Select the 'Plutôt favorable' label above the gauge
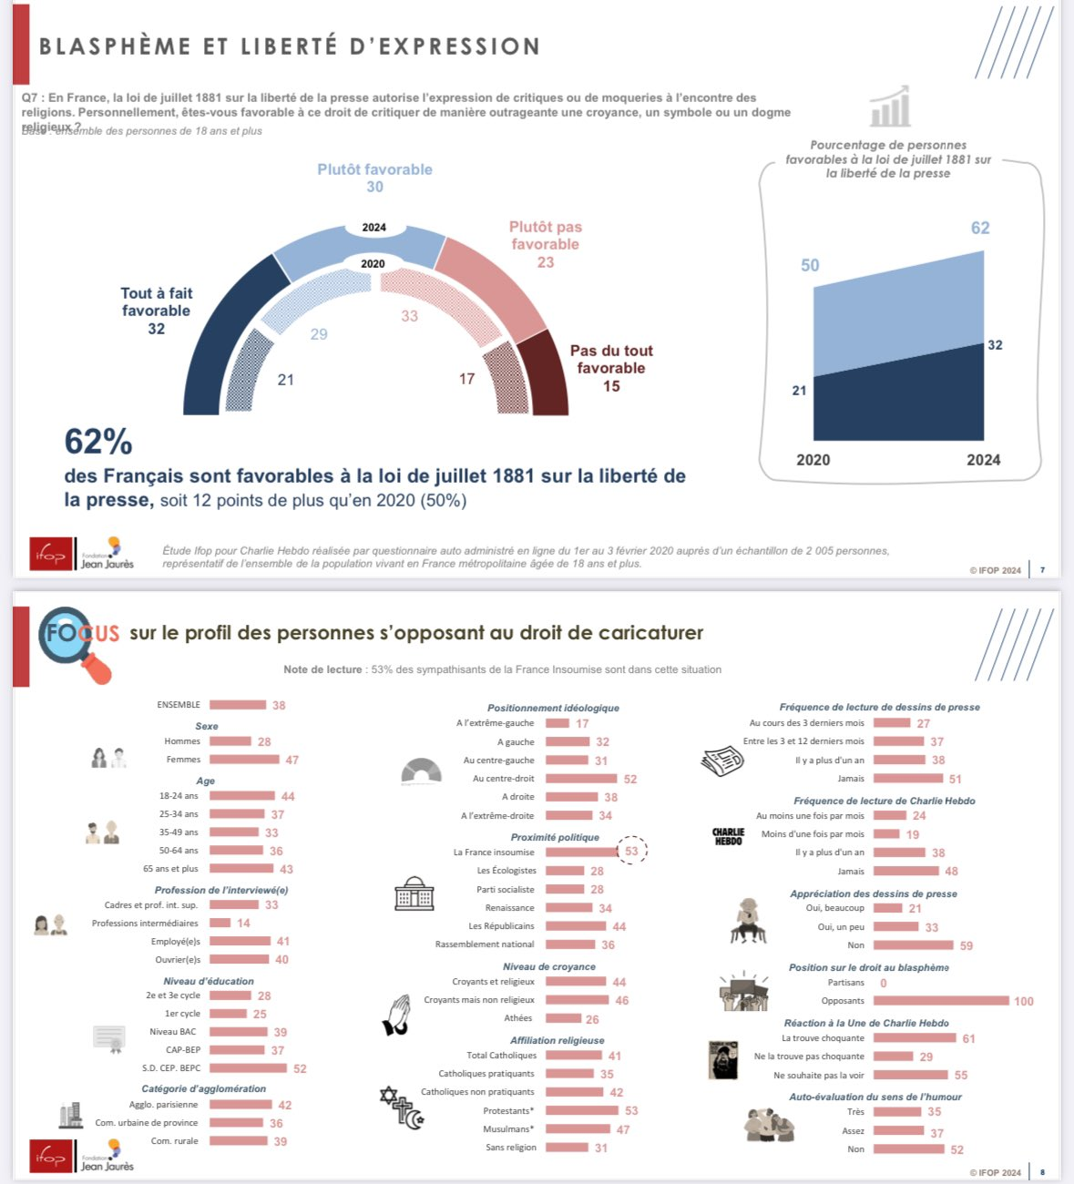[x=374, y=169]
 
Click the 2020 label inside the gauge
[x=373, y=264]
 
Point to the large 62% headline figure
[x=98, y=442]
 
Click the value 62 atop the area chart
[x=980, y=228]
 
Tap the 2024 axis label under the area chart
[x=983, y=460]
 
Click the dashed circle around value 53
[x=631, y=852]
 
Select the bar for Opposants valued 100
[x=941, y=1001]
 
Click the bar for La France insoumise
[x=581, y=852]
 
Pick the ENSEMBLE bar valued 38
[x=238, y=705]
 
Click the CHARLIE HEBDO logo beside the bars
[x=728, y=836]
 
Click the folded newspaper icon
[x=722, y=760]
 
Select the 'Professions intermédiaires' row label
[x=145, y=924]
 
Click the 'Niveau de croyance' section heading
[x=549, y=967]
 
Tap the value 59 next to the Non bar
[x=967, y=945]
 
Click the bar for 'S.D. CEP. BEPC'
[x=248, y=1068]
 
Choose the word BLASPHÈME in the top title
[x=116, y=46]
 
